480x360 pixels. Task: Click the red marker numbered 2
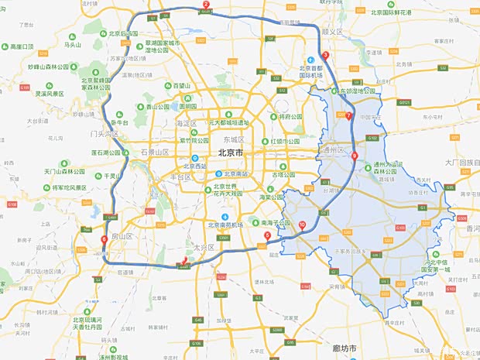pos(206,5)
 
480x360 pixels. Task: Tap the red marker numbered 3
pos(325,55)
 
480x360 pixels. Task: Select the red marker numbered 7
pos(348,116)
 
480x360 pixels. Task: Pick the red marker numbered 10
pos(302,225)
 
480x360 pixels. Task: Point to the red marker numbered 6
pos(104,238)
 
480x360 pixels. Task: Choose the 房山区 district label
pos(124,235)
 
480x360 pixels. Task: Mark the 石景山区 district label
pos(155,153)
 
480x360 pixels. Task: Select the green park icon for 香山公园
pos(141,106)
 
